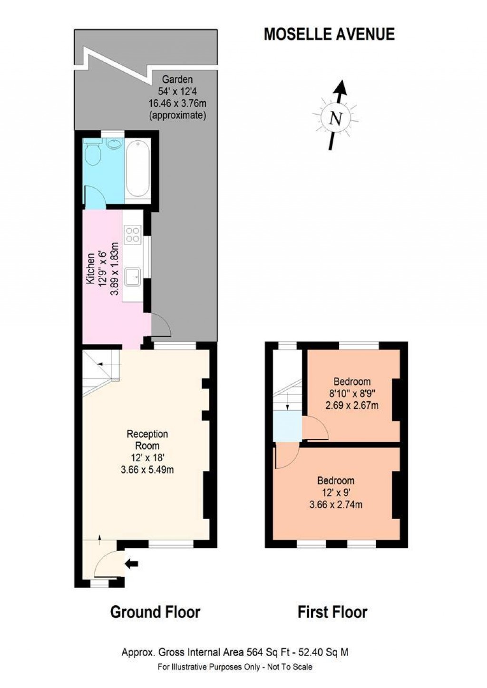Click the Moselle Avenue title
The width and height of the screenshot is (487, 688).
[x=329, y=34]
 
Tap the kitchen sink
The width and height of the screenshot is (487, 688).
[x=132, y=276]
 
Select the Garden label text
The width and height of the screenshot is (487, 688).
[x=177, y=79]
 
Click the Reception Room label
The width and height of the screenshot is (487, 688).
[x=147, y=440]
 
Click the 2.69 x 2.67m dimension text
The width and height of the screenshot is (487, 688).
[x=352, y=406]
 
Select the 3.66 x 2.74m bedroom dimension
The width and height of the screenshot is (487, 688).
[x=336, y=504]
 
